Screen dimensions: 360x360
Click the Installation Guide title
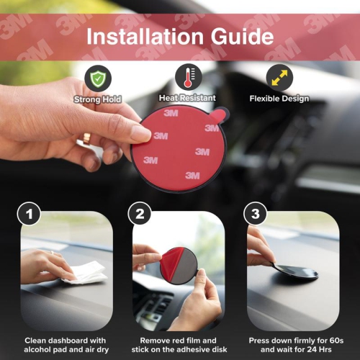tap(179, 37)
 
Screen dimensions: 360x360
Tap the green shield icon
tap(97, 78)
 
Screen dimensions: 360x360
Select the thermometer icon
tap(188, 78)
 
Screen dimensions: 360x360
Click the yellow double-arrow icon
tap(279, 78)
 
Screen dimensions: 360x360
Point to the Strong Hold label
tap(97, 99)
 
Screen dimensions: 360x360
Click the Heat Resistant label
tap(188, 98)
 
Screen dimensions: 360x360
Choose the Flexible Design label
tap(279, 98)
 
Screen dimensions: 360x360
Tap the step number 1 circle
tap(29, 214)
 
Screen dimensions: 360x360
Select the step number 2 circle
tap(140, 214)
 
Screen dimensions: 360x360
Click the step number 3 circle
tap(253, 214)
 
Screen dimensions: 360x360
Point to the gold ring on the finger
tap(87, 138)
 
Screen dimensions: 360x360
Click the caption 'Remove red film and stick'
tap(179, 345)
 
